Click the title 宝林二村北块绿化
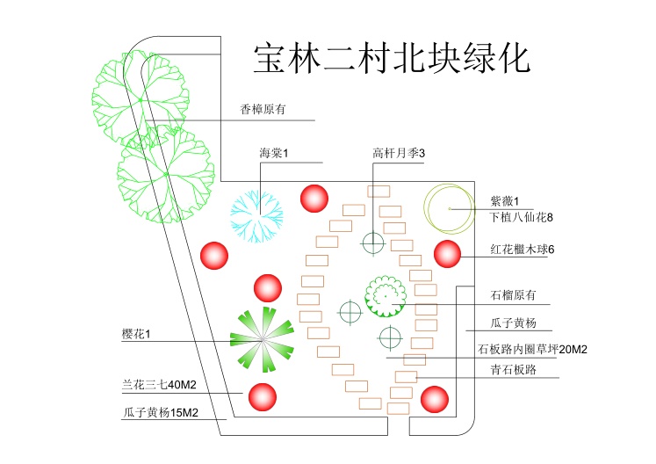tap(392, 58)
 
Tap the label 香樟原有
tap(263, 110)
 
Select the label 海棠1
tap(274, 154)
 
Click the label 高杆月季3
tap(399, 154)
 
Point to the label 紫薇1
tap(505, 201)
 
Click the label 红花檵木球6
tap(523, 250)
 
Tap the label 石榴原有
tap(512, 295)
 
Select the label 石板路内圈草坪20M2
tap(532, 349)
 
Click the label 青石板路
tap(513, 370)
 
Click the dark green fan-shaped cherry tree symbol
tap(261, 339)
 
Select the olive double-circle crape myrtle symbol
tap(449, 207)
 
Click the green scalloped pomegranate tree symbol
tap(386, 295)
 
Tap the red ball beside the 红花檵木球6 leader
tap(447, 254)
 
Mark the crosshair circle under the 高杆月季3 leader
tap(374, 242)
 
